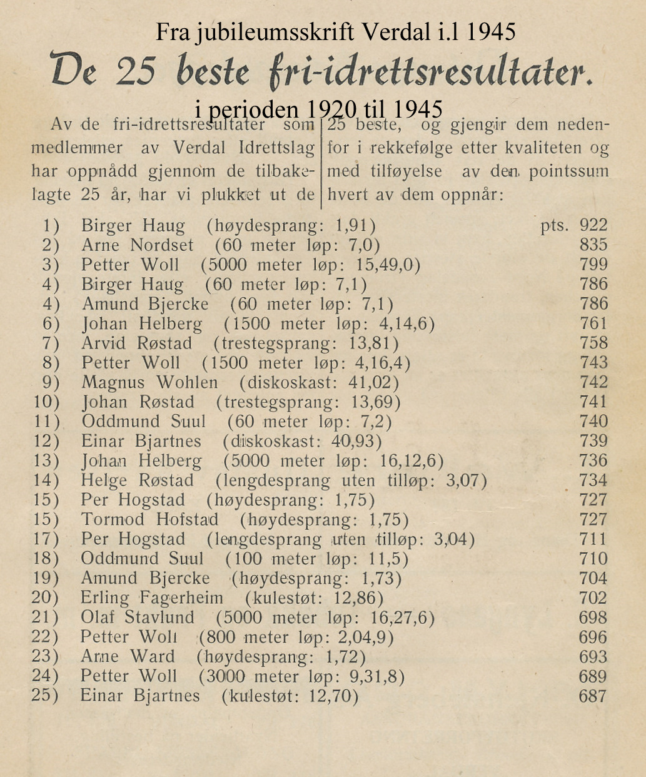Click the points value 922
pyautogui.click(x=593, y=225)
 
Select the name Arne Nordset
pyautogui.click(x=137, y=245)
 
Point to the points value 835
pyautogui.click(x=593, y=245)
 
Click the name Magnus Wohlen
pyautogui.click(x=149, y=382)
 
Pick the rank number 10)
pyautogui.click(x=46, y=402)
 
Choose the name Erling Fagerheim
pyautogui.click(x=151, y=598)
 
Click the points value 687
pyautogui.click(x=593, y=696)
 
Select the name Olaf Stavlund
pyautogui.click(x=137, y=617)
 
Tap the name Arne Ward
pyautogui.click(x=128, y=657)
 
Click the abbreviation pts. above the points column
pyautogui.click(x=555, y=226)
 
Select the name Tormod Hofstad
pyautogui.click(x=150, y=519)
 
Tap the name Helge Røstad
pyautogui.click(x=137, y=480)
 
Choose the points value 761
pyautogui.click(x=593, y=323)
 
